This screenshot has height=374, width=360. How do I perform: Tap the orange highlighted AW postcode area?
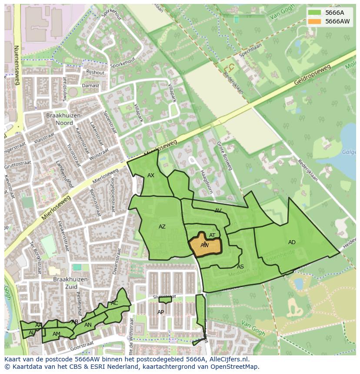click(205, 246)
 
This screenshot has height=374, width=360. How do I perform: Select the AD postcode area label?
click(292, 242)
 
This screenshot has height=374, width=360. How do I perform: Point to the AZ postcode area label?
click(162, 227)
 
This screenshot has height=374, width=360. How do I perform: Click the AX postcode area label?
click(151, 175)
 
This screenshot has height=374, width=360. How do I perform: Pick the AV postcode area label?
click(218, 211)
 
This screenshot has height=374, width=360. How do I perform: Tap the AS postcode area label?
click(240, 267)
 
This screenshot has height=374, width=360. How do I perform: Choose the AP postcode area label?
click(161, 312)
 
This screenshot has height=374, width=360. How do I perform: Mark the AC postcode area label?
click(114, 303)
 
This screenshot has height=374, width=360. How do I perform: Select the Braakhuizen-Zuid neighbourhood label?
click(71, 283)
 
